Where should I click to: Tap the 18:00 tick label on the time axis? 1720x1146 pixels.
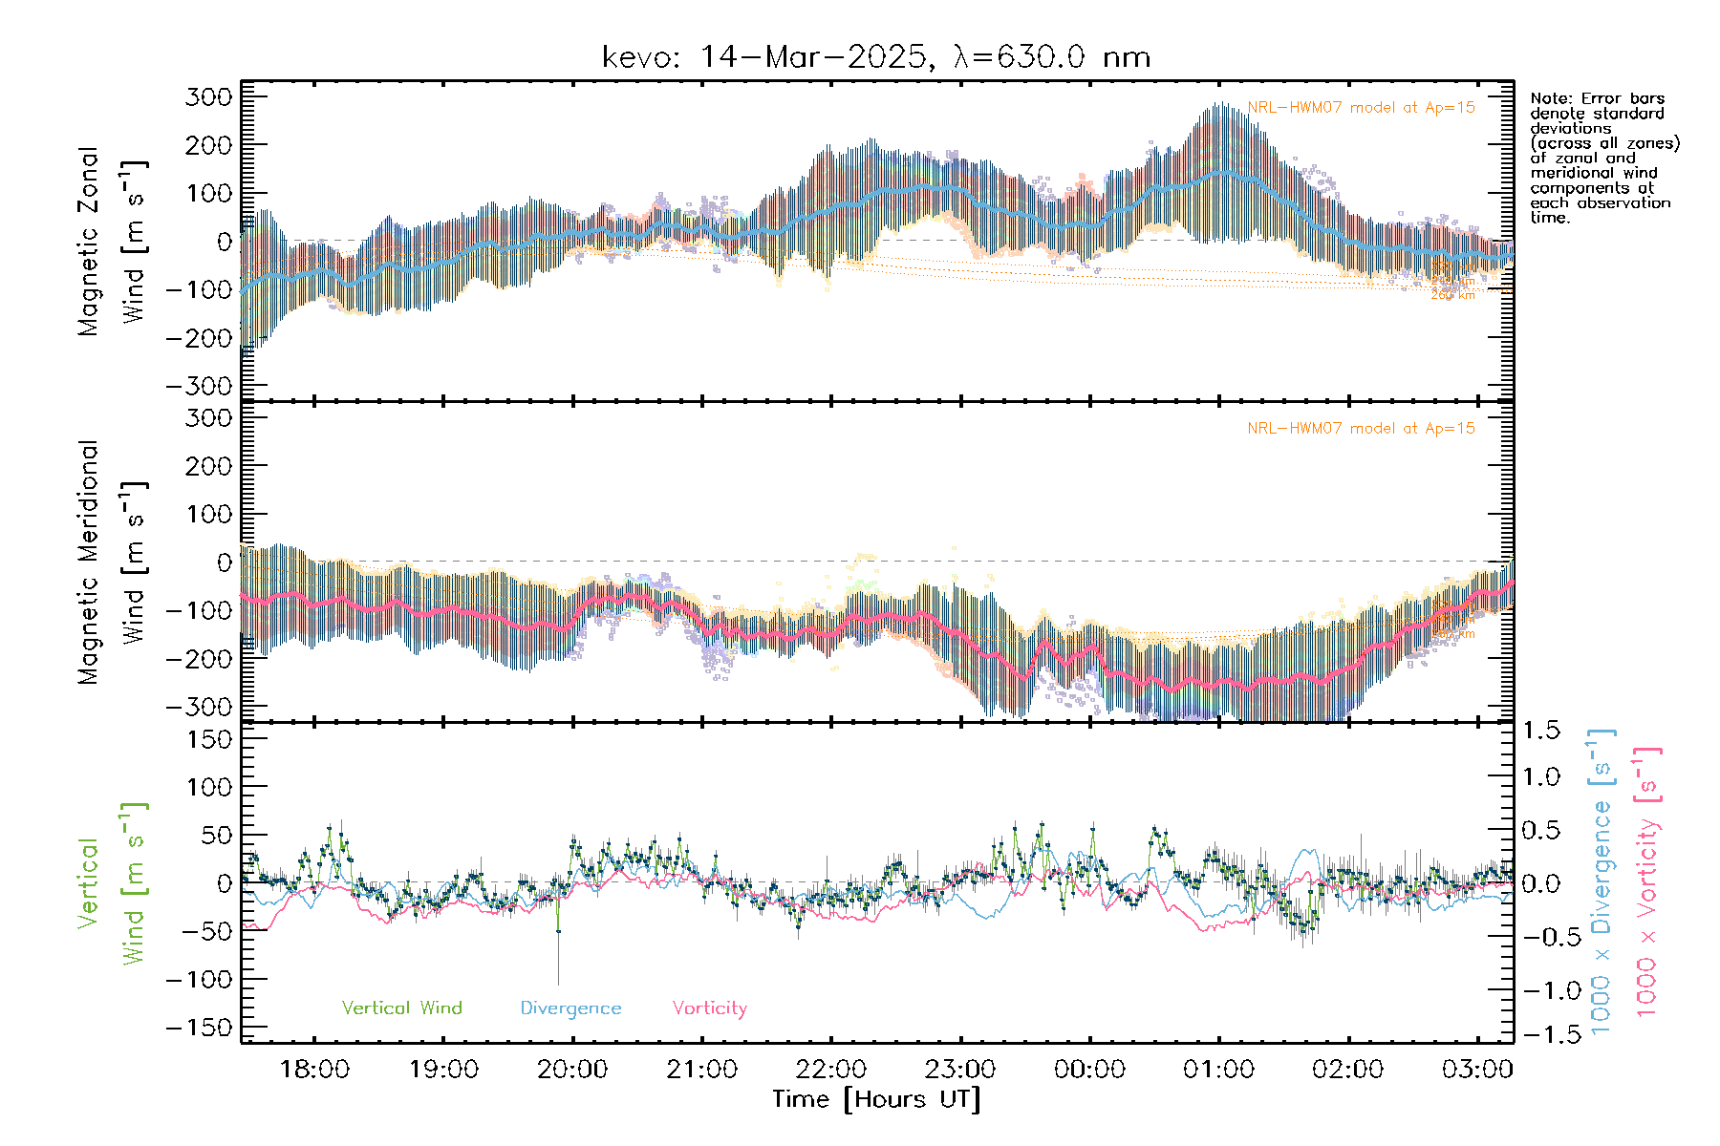click(x=314, y=1070)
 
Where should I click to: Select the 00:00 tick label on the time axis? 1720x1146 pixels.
click(x=1089, y=1070)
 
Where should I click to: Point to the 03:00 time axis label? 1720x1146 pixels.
click(x=1477, y=1070)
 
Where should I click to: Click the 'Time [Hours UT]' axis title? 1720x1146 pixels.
click(x=876, y=1099)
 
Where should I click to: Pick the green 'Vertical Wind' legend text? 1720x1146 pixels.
click(x=401, y=1008)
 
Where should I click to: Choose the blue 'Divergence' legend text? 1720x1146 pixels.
click(x=570, y=1008)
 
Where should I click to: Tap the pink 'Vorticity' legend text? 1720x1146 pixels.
click(x=709, y=1008)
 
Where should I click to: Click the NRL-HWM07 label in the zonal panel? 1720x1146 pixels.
click(x=1361, y=108)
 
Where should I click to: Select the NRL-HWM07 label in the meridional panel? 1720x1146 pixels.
click(x=1361, y=429)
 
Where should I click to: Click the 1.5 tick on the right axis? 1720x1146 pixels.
click(x=1540, y=731)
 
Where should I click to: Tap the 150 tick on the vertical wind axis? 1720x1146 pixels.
click(x=208, y=739)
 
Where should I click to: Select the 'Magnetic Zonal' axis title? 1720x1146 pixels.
click(x=88, y=242)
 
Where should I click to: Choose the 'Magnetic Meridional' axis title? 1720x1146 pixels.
click(x=88, y=562)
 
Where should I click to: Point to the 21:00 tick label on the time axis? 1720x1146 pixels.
click(x=701, y=1070)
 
